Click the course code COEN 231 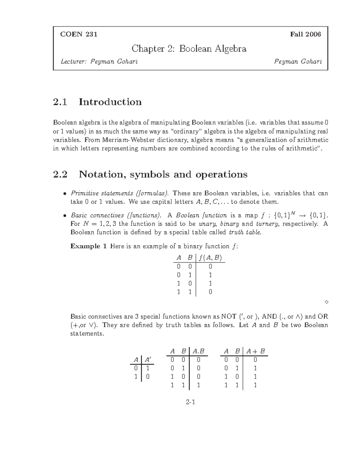coord(79,34)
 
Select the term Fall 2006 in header coord(305,34)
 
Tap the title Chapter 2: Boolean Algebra coord(189,49)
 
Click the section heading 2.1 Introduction coord(97,102)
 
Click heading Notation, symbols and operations coord(163,174)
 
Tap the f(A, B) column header coord(210,258)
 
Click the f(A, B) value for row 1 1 coord(210,292)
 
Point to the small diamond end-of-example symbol coord(326,302)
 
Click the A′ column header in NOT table coord(148,359)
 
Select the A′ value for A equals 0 coord(148,368)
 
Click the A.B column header coord(198,351)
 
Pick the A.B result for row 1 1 coord(198,385)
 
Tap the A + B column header coord(255,351)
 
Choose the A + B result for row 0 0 coord(255,359)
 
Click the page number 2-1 coord(190,402)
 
